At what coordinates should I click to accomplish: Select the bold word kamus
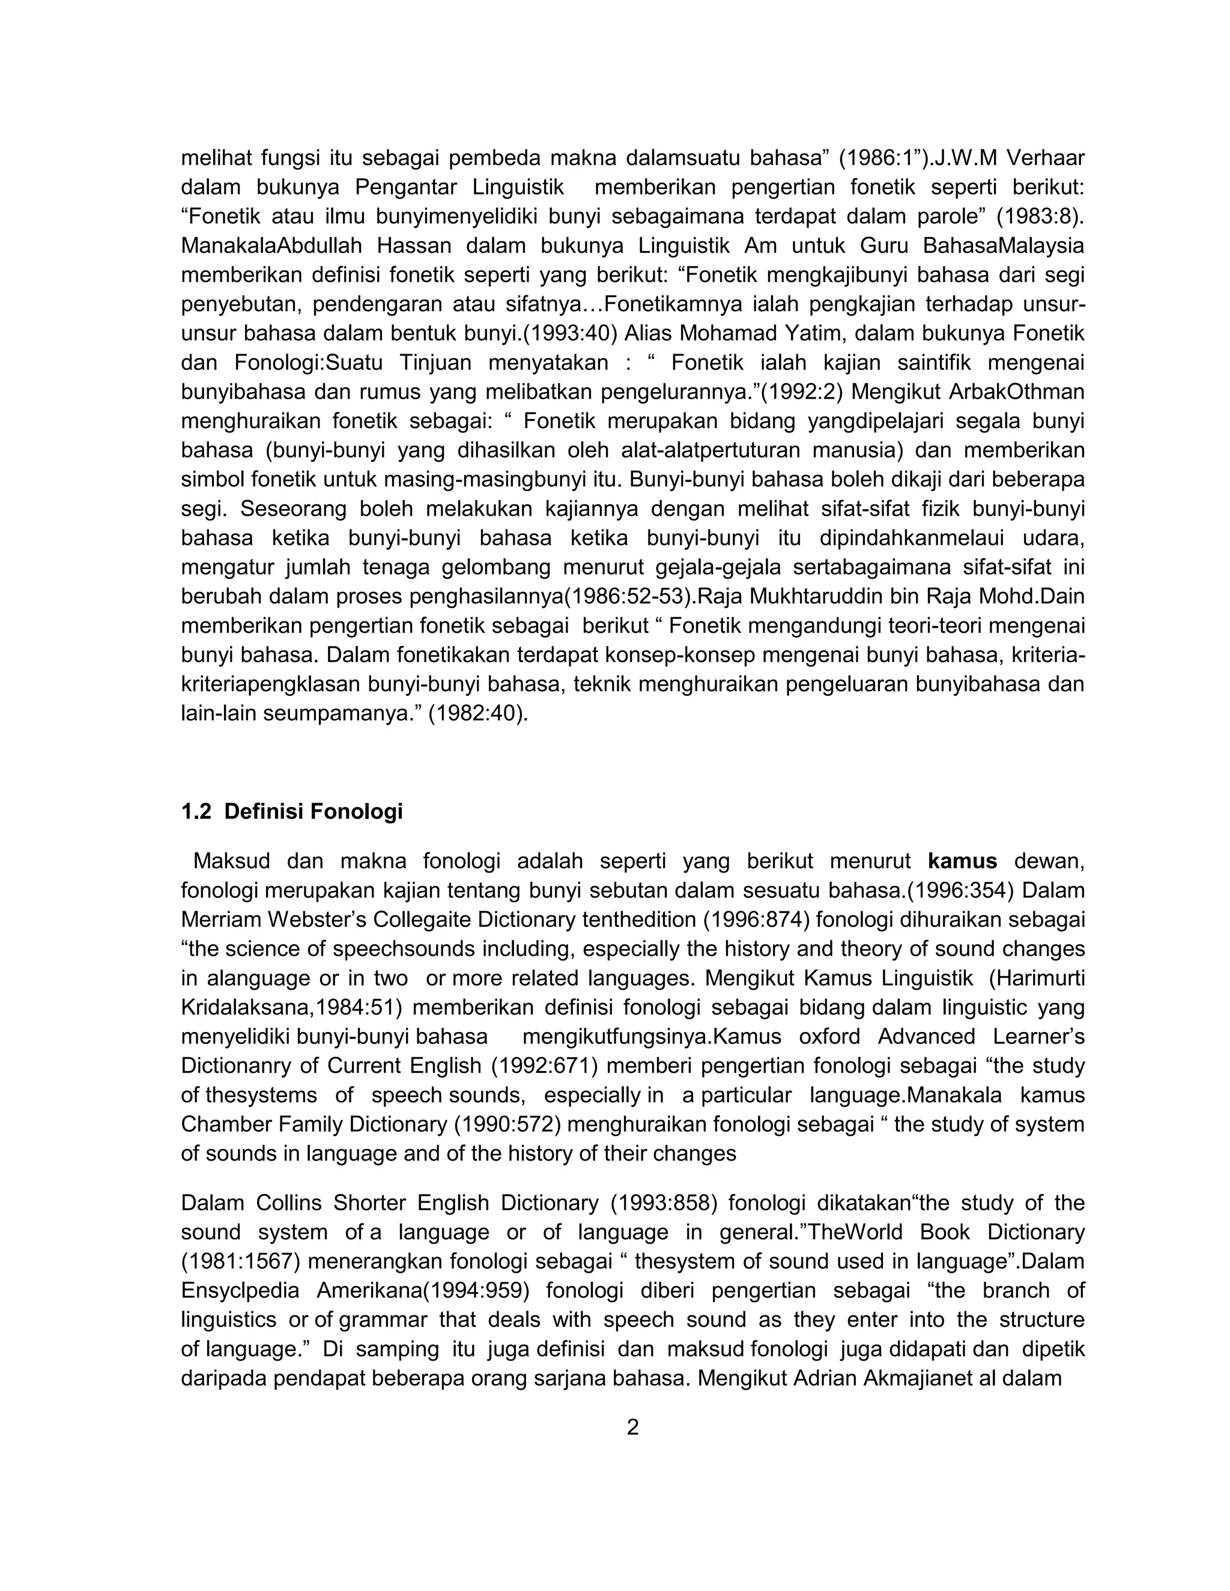[x=962, y=861]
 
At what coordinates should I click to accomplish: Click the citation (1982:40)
[x=477, y=713]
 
